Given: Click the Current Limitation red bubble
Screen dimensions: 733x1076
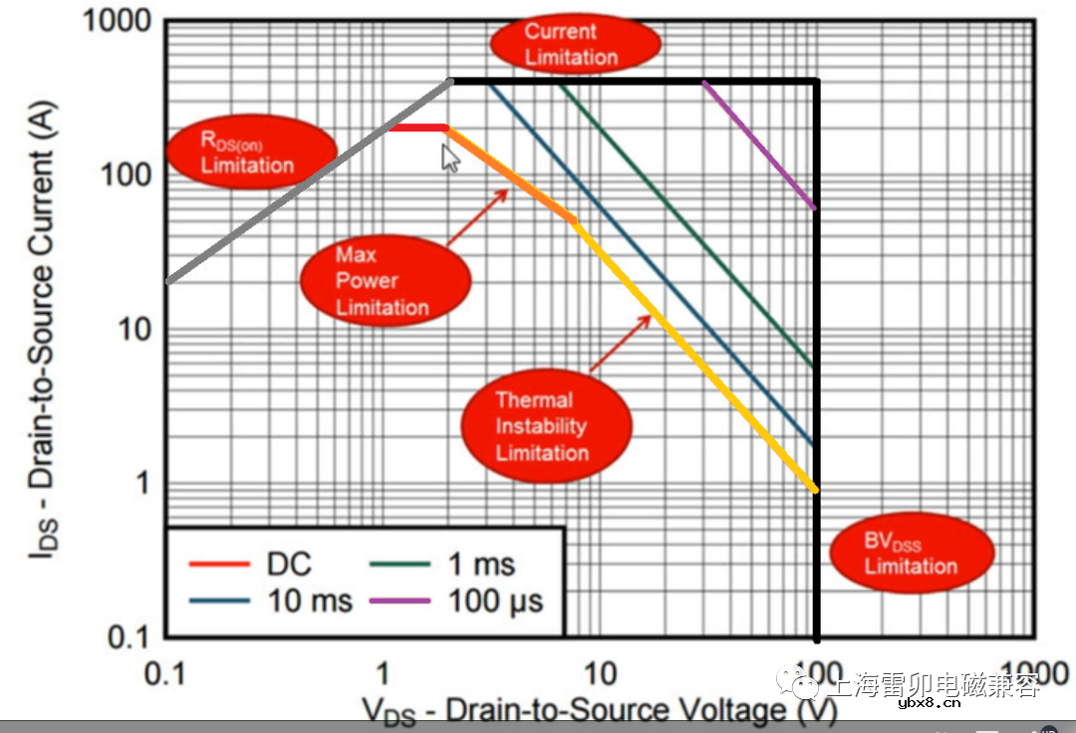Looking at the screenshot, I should pyautogui.click(x=575, y=44).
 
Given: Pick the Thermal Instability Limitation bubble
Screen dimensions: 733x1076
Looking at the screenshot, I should pyautogui.click(x=545, y=426).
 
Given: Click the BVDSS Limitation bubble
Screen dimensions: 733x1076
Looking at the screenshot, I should pyautogui.click(x=912, y=553).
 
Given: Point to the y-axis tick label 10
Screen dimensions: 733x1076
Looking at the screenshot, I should pyautogui.click(x=129, y=330).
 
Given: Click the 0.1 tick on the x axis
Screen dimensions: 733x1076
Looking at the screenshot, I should pyautogui.click(x=166, y=673).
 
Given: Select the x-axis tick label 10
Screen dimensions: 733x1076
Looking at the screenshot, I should pyautogui.click(x=600, y=673).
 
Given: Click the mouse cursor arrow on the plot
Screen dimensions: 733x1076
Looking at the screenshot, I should pyautogui.click(x=450, y=156).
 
